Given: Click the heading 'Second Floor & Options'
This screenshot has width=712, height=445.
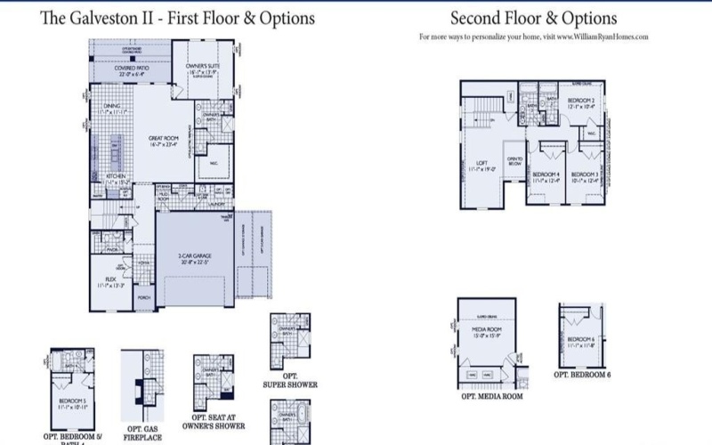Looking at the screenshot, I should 533,19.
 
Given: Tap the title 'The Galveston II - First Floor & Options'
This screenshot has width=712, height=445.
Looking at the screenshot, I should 177,19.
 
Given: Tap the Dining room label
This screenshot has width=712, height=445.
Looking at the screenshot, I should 111,109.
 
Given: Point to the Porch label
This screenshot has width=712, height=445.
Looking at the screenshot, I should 144,298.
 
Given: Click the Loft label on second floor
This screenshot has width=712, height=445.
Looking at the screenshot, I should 481,165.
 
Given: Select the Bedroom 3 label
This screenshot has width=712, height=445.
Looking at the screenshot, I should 583,176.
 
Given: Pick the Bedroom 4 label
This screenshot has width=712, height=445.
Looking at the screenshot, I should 544,176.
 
